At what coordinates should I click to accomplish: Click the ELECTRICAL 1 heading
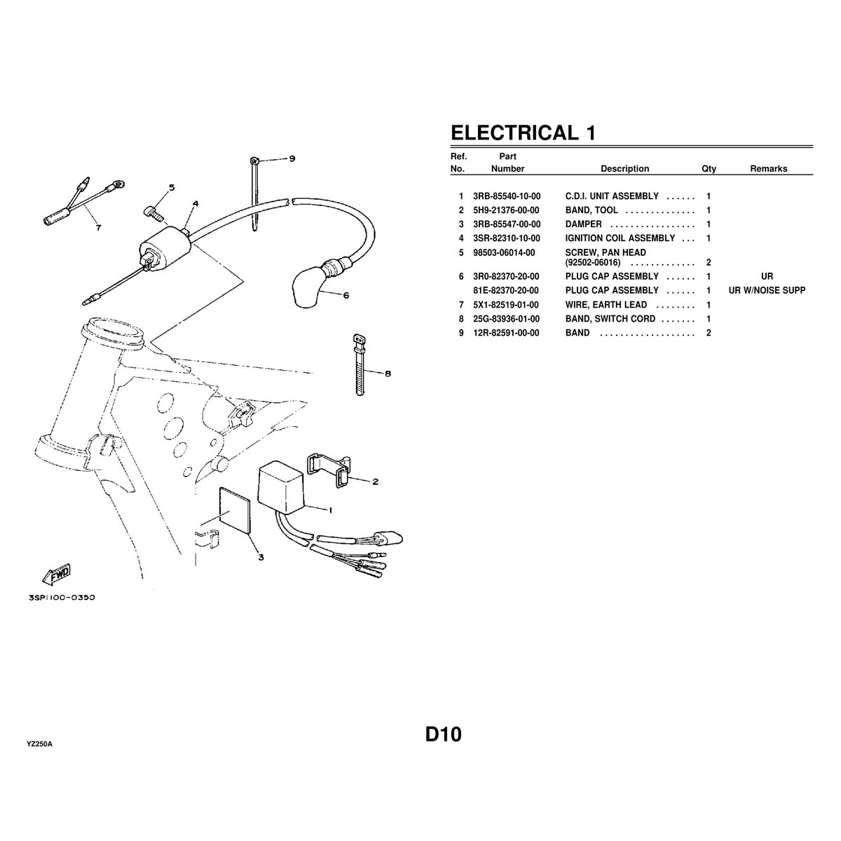pyautogui.click(x=522, y=132)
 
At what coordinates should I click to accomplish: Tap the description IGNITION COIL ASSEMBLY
pyautogui.click(x=620, y=238)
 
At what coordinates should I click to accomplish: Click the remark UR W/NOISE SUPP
pyautogui.click(x=767, y=290)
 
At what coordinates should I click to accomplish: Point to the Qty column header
pyautogui.click(x=709, y=169)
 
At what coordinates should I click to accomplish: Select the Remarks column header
pyautogui.click(x=768, y=169)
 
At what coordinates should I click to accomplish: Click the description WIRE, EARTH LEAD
pyautogui.click(x=606, y=305)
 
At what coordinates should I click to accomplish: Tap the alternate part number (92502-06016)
pyautogui.click(x=593, y=262)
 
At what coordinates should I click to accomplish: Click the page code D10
pyautogui.click(x=443, y=735)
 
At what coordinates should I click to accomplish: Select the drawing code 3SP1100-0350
pyautogui.click(x=62, y=598)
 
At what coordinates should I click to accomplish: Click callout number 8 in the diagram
pyautogui.click(x=388, y=373)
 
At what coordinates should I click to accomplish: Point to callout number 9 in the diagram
pyautogui.click(x=292, y=158)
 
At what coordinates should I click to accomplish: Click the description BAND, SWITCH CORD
pyautogui.click(x=610, y=319)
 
